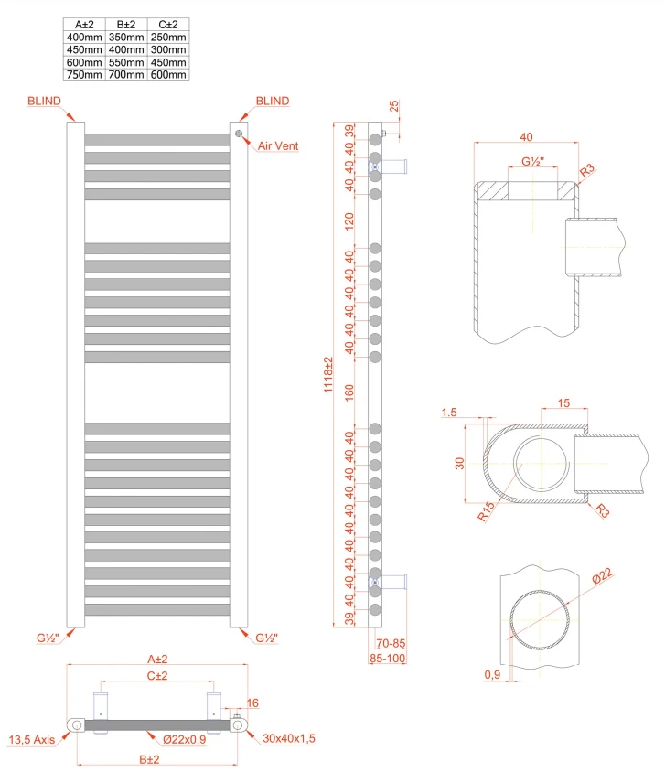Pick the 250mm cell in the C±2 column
pyautogui.click(x=168, y=37)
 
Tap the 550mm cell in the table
pyautogui.click(x=126, y=62)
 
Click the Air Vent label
pyautogui.click(x=278, y=145)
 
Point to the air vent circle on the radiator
pyautogui.click(x=239, y=134)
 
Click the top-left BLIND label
pyautogui.click(x=43, y=101)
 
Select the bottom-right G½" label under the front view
pyautogui.click(x=266, y=638)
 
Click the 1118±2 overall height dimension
pyautogui.click(x=327, y=376)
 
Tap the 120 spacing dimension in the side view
pyautogui.click(x=349, y=220)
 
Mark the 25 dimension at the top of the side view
pyautogui.click(x=394, y=106)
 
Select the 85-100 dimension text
pyautogui.click(x=387, y=657)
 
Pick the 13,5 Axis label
pyautogui.click(x=30, y=739)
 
